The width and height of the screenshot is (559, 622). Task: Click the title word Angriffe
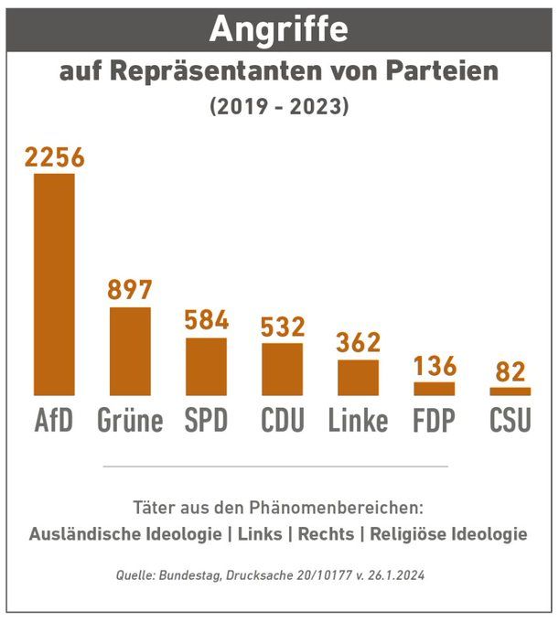pyautogui.click(x=278, y=29)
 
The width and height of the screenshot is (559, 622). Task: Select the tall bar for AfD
pyautogui.click(x=54, y=284)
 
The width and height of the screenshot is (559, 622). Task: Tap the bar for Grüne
pyautogui.click(x=130, y=351)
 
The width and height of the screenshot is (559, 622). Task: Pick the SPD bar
pyautogui.click(x=206, y=366)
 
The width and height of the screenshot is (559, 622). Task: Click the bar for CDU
pyautogui.click(x=282, y=369)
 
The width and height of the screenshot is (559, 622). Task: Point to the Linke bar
pyautogui.click(x=358, y=377)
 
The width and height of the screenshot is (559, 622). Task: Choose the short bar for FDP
pyautogui.click(x=434, y=389)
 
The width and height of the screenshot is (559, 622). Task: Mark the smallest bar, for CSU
pyautogui.click(x=510, y=391)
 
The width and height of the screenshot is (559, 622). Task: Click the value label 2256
pyautogui.click(x=54, y=157)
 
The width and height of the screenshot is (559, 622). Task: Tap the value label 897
pyautogui.click(x=130, y=290)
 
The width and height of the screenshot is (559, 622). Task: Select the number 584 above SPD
pyautogui.click(x=206, y=321)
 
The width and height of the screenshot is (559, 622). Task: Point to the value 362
pyautogui.click(x=358, y=342)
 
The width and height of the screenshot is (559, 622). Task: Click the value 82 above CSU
pyautogui.click(x=510, y=372)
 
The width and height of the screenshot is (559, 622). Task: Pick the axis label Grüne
pyautogui.click(x=130, y=420)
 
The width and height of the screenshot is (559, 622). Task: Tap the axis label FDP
pyautogui.click(x=434, y=420)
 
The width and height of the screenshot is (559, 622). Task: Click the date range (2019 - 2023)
pyautogui.click(x=279, y=106)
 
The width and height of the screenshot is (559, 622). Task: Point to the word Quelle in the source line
pyautogui.click(x=134, y=576)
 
